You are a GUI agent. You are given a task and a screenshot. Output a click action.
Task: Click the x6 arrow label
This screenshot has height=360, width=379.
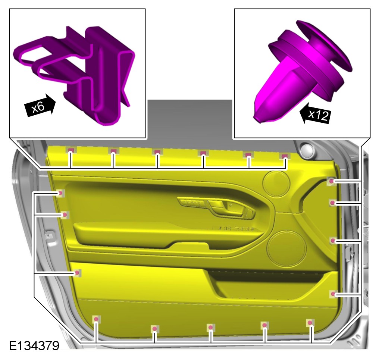40,106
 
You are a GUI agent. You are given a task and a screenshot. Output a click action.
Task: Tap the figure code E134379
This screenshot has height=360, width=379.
34,346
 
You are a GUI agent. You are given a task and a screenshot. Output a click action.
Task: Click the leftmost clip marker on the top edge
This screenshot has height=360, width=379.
71,151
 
